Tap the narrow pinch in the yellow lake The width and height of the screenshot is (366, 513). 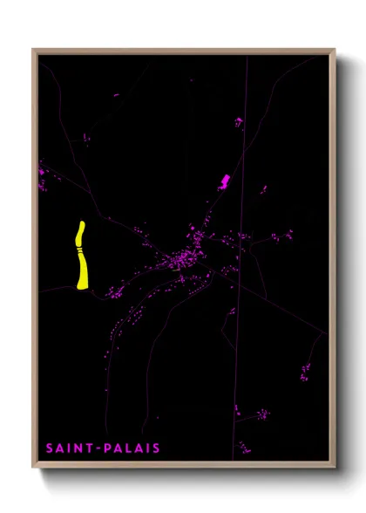point(79,250)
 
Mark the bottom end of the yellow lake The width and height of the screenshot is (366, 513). point(82,285)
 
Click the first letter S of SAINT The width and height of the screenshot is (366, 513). point(50,448)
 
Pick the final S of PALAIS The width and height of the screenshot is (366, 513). point(157,448)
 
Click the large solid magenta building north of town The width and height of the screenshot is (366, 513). point(224,181)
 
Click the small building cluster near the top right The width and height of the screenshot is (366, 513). point(237,122)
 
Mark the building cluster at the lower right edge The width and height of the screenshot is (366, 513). point(305,373)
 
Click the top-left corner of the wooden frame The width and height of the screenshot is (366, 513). point(34,50)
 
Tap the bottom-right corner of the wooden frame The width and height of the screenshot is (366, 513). point(335,467)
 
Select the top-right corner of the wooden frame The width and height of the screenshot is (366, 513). point(335,50)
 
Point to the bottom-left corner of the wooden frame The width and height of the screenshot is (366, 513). point(34,467)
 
